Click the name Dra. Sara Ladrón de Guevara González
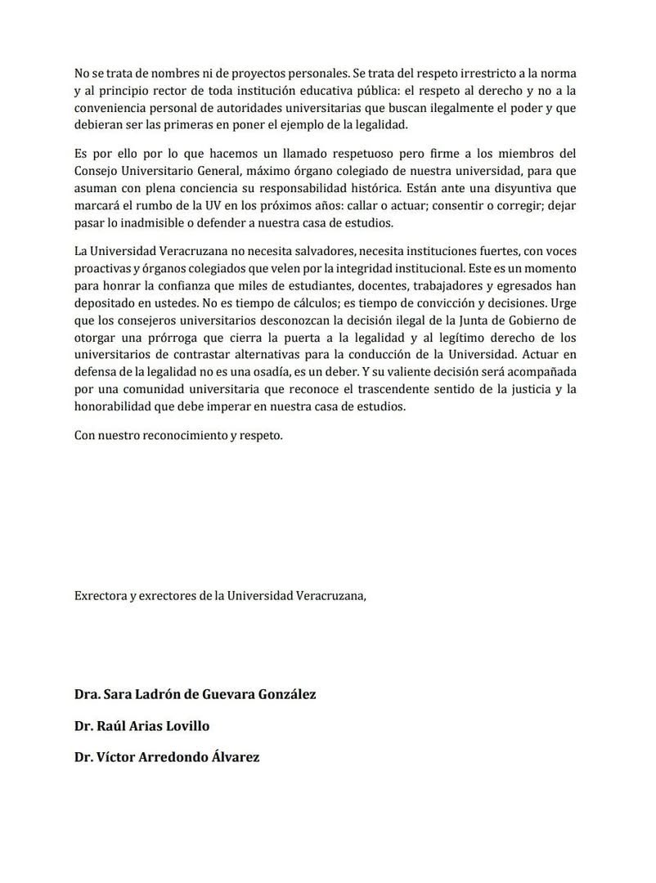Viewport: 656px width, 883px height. [x=195, y=694]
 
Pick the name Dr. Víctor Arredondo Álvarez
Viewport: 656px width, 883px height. [x=167, y=756]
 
